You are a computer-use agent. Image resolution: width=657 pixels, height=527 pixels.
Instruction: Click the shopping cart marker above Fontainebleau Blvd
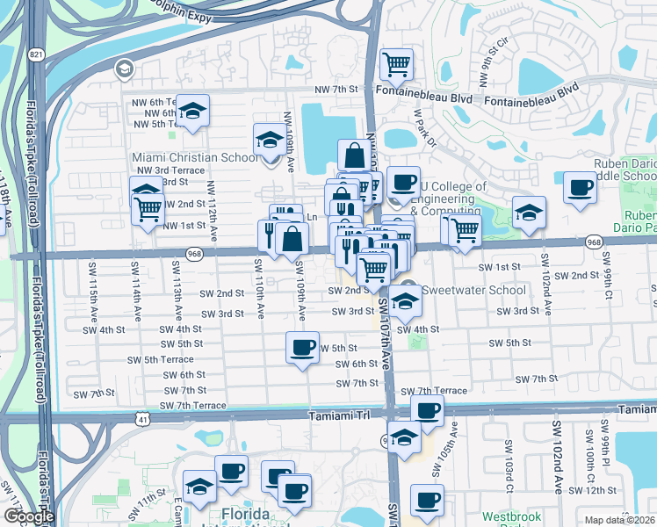pos(396,63)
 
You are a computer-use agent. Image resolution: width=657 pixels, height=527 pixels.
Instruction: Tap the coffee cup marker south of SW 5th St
pos(302,348)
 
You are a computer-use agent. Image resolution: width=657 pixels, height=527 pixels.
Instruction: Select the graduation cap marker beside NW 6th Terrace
pos(192,111)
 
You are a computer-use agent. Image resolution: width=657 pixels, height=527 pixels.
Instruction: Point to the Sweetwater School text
pos(473,291)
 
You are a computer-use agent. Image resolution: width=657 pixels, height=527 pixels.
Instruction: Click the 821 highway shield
pos(35,54)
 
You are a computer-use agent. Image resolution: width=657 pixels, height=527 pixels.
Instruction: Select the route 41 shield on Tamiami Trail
pos(142,420)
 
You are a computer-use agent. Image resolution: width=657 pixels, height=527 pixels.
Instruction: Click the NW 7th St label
pos(336,89)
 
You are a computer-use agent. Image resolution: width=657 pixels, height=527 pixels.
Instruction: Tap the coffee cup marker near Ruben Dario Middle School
pos(579,189)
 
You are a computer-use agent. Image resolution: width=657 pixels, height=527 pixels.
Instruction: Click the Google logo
pos(29,516)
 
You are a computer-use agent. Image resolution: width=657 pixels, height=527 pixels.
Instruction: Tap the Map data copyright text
pos(620,520)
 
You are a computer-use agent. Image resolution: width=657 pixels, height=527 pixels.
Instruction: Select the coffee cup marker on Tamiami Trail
pos(427,411)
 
